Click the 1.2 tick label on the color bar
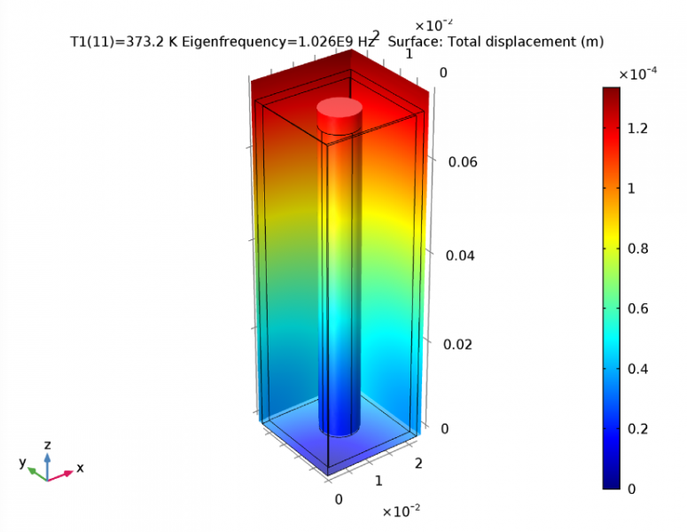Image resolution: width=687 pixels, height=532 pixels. tap(637, 129)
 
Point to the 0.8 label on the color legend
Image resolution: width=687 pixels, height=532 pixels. tap(637, 248)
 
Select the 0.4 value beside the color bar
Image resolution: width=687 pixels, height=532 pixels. tap(637, 368)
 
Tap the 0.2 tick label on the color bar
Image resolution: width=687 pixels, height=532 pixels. tap(637, 428)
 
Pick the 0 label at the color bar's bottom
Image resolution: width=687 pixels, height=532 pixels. tap(631, 488)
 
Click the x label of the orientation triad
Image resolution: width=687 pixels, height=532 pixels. tap(80, 467)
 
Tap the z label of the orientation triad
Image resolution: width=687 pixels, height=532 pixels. tap(48, 444)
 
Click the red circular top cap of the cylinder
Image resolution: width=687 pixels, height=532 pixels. tap(340, 111)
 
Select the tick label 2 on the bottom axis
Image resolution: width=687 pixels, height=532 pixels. tap(419, 464)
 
